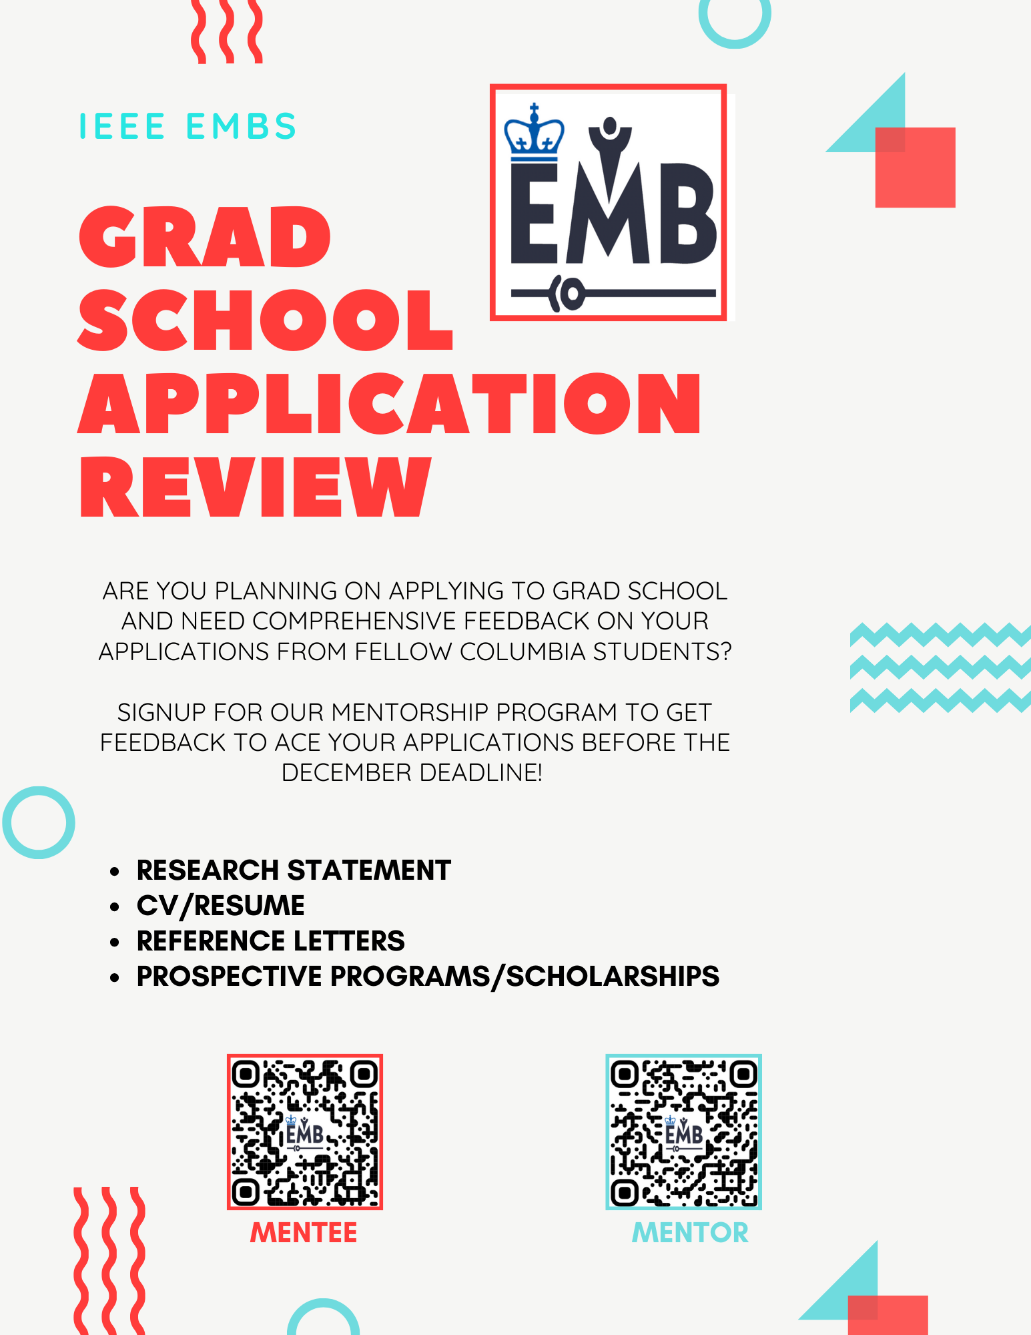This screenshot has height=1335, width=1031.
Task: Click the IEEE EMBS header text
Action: (188, 127)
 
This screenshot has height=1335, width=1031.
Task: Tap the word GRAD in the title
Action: (205, 238)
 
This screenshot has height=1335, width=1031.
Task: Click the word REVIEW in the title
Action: (256, 487)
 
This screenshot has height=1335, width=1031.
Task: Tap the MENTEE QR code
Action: (305, 1132)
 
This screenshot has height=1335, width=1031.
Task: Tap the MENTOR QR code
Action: (683, 1132)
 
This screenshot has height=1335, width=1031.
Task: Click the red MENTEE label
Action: (304, 1233)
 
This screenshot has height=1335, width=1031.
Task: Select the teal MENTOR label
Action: (690, 1233)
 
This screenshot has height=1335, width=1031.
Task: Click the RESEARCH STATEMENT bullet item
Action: (294, 870)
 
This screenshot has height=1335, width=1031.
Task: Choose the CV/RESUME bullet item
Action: (221, 906)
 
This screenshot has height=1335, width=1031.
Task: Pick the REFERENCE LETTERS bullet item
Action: (270, 941)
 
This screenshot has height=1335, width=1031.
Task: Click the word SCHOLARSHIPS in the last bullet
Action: (613, 977)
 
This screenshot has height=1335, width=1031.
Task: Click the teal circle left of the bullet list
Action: (39, 822)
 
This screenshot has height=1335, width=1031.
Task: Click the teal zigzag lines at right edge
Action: (940, 667)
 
